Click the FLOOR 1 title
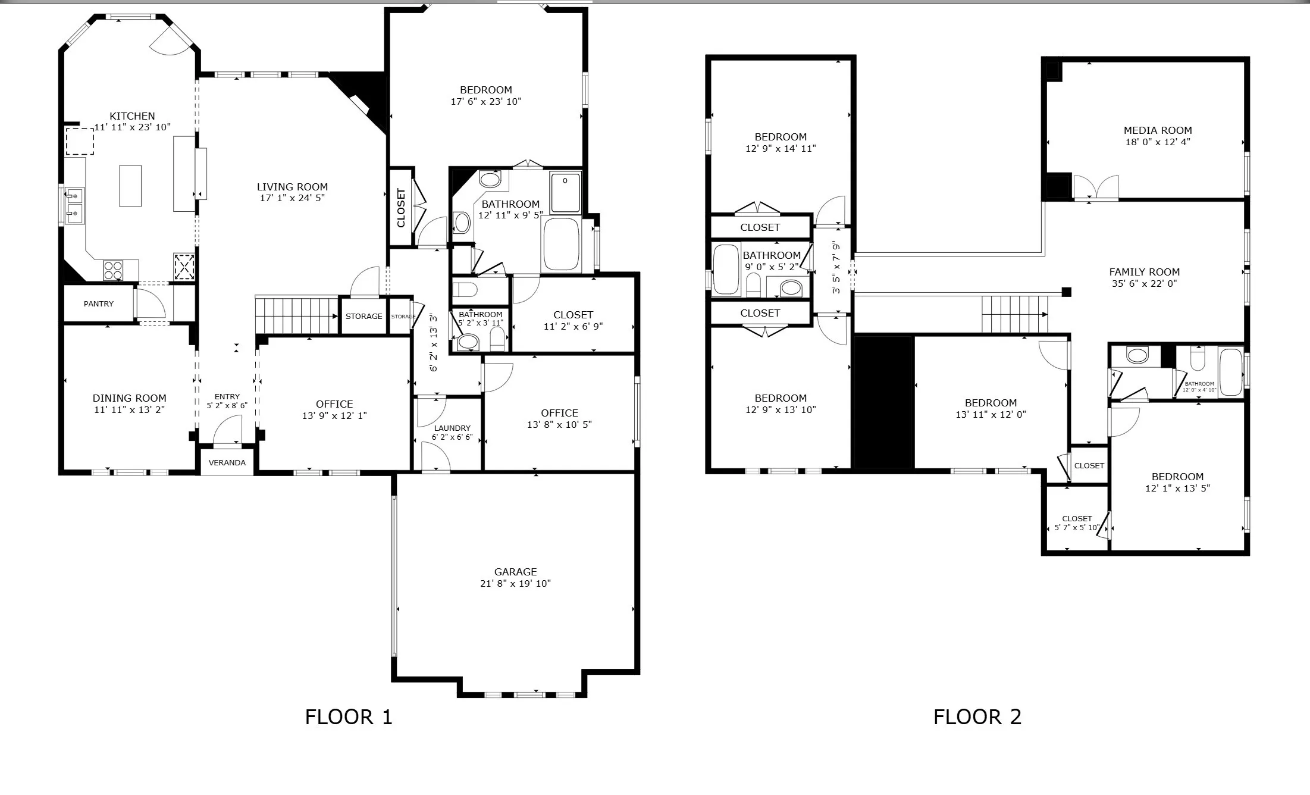coord(349,717)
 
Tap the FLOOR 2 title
coord(977,717)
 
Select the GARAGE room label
coord(515,572)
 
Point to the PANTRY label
coord(99,303)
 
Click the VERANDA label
coord(227,462)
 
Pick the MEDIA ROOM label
coord(1158,130)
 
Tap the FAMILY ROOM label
coord(1145,272)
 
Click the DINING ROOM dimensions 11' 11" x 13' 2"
coord(129,409)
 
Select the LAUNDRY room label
coord(452,428)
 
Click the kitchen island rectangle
coord(130,186)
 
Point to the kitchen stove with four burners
coord(113,271)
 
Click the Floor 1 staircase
coord(296,316)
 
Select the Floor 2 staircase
coord(1015,315)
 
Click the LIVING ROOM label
coord(292,187)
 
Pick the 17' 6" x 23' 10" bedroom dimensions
coord(486,101)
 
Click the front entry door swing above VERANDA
coord(228,430)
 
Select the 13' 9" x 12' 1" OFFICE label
coord(334,410)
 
